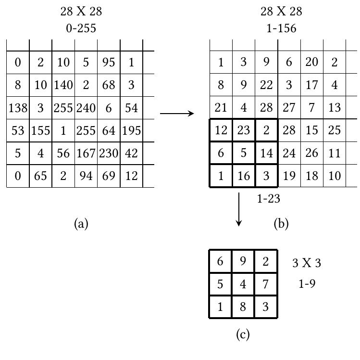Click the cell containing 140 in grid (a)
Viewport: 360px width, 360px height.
[x=63, y=85]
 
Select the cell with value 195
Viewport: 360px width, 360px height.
[x=131, y=131]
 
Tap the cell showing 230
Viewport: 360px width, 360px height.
[x=109, y=154]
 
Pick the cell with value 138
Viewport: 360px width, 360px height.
[x=18, y=108]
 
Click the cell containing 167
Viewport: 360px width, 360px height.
[x=86, y=154]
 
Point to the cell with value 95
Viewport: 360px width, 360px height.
[x=109, y=63]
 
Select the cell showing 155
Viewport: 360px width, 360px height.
[x=40, y=131]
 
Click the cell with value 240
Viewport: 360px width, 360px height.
[x=86, y=108]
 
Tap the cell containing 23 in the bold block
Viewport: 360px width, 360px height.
[x=244, y=131]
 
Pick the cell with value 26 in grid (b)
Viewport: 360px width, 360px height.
[x=312, y=154]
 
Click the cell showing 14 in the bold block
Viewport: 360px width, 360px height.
[x=266, y=154]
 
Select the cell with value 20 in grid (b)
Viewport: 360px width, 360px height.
[x=312, y=63]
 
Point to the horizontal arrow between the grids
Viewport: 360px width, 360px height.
[x=176, y=114]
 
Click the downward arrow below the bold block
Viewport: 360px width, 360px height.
[x=239, y=209]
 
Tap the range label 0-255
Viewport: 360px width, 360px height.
[x=81, y=28]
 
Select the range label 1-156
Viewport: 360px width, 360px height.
[x=281, y=28]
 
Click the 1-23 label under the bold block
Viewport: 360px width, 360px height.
[x=268, y=198]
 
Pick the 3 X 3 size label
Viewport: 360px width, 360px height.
[x=307, y=263]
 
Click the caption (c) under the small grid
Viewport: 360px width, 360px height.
[x=243, y=334]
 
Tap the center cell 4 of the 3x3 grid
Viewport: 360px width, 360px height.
[x=243, y=284]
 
